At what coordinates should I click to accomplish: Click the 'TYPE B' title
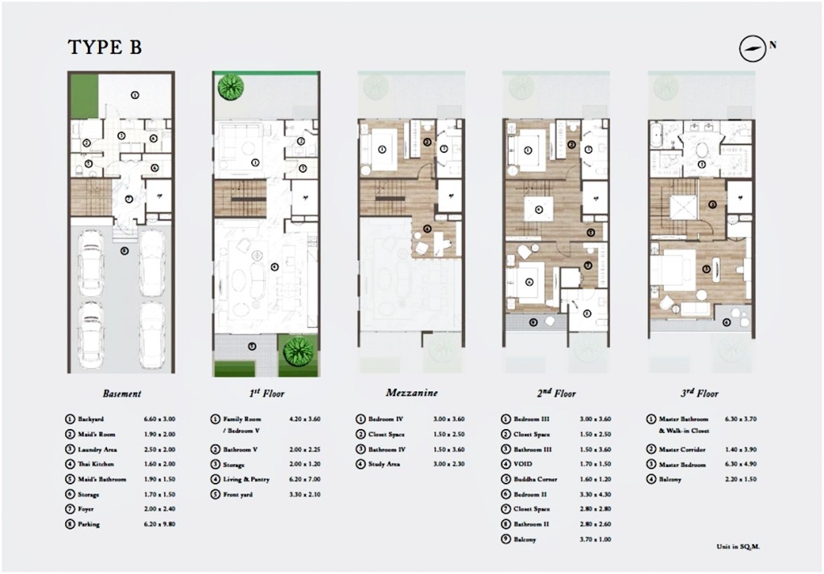[105, 47]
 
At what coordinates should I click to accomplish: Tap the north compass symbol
[751, 48]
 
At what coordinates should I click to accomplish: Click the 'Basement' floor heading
[122, 394]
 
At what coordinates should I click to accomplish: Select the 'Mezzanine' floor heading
[411, 394]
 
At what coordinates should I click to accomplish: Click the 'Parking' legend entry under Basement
[89, 523]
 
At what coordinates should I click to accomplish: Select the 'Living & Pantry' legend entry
[245, 479]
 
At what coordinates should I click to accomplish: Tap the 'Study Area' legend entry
[385, 464]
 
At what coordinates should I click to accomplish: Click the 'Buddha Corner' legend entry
[535, 479]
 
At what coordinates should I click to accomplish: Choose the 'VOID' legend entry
[524, 464]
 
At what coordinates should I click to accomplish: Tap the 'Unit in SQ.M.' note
[737, 545]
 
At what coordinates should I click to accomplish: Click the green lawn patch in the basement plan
[79, 96]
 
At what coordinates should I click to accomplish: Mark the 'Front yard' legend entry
[238, 493]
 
